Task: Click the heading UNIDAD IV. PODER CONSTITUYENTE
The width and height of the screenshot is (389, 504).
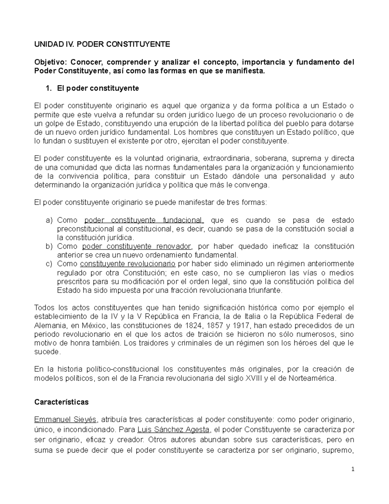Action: (x=102, y=44)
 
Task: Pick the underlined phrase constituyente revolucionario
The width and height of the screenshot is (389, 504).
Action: (x=128, y=264)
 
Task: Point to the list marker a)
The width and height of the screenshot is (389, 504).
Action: (x=49, y=220)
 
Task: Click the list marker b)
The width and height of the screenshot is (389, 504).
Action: (x=49, y=246)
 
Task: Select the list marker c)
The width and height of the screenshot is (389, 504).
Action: (x=49, y=264)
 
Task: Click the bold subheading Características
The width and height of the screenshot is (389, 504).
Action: (x=61, y=402)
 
